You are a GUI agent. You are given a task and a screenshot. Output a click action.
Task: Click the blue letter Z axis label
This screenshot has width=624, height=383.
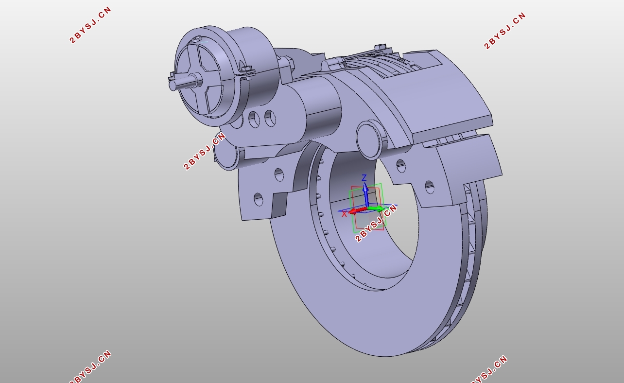(364, 178)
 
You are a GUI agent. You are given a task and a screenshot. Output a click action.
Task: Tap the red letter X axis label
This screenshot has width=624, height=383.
(345, 214)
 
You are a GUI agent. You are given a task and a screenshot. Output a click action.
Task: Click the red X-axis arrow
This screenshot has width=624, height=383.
(356, 211)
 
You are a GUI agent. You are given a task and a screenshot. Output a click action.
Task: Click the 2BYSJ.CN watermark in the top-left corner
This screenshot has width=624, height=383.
(91, 25)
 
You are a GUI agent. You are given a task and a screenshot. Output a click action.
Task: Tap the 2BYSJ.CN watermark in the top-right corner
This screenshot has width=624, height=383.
(505, 31)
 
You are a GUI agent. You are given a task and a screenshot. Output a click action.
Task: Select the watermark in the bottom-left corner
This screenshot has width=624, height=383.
(91, 367)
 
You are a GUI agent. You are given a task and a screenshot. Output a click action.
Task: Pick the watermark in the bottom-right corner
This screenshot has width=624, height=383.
(489, 369)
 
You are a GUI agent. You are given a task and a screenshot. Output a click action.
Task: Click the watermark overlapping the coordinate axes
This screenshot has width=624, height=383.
(376, 224)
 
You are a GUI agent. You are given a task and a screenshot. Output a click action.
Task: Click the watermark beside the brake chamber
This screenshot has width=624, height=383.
(205, 151)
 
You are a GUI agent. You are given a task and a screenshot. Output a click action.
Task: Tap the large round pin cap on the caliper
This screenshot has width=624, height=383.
(368, 139)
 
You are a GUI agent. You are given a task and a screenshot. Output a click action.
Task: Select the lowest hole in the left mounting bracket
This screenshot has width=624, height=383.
(258, 199)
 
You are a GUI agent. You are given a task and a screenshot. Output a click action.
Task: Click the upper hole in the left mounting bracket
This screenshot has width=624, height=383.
(279, 174)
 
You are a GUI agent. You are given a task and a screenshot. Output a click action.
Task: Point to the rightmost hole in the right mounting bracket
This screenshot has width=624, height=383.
(430, 187)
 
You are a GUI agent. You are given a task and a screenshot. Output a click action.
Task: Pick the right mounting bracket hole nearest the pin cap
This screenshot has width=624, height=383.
(401, 166)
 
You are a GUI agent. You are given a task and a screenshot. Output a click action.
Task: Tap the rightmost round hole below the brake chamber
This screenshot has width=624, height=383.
(270, 118)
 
